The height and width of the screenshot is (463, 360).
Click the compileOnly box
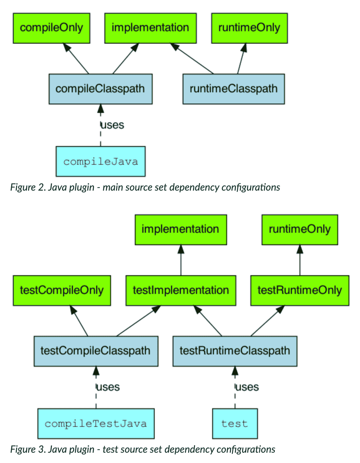[51, 28]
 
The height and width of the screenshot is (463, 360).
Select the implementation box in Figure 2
[150, 28]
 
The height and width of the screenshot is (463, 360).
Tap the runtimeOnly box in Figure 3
[299, 229]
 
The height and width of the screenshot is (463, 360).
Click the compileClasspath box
[100, 89]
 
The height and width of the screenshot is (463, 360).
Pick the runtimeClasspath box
[233, 89]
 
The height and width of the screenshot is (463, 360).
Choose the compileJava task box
[100, 161]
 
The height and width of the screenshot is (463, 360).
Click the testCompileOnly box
[62, 290]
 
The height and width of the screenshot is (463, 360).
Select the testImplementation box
[181, 290]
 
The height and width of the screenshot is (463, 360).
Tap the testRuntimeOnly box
[299, 290]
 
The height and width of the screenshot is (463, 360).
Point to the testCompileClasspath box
[96, 351]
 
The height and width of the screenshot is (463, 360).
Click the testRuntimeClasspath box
[235, 351]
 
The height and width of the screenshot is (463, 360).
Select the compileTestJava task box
[96, 423]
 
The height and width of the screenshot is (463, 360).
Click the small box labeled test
[235, 423]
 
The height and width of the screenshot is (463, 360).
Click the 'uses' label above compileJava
[112, 125]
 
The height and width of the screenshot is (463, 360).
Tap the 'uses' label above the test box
[247, 387]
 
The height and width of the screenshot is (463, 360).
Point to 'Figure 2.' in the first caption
[28, 187]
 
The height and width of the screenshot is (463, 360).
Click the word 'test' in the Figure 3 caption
[110, 449]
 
